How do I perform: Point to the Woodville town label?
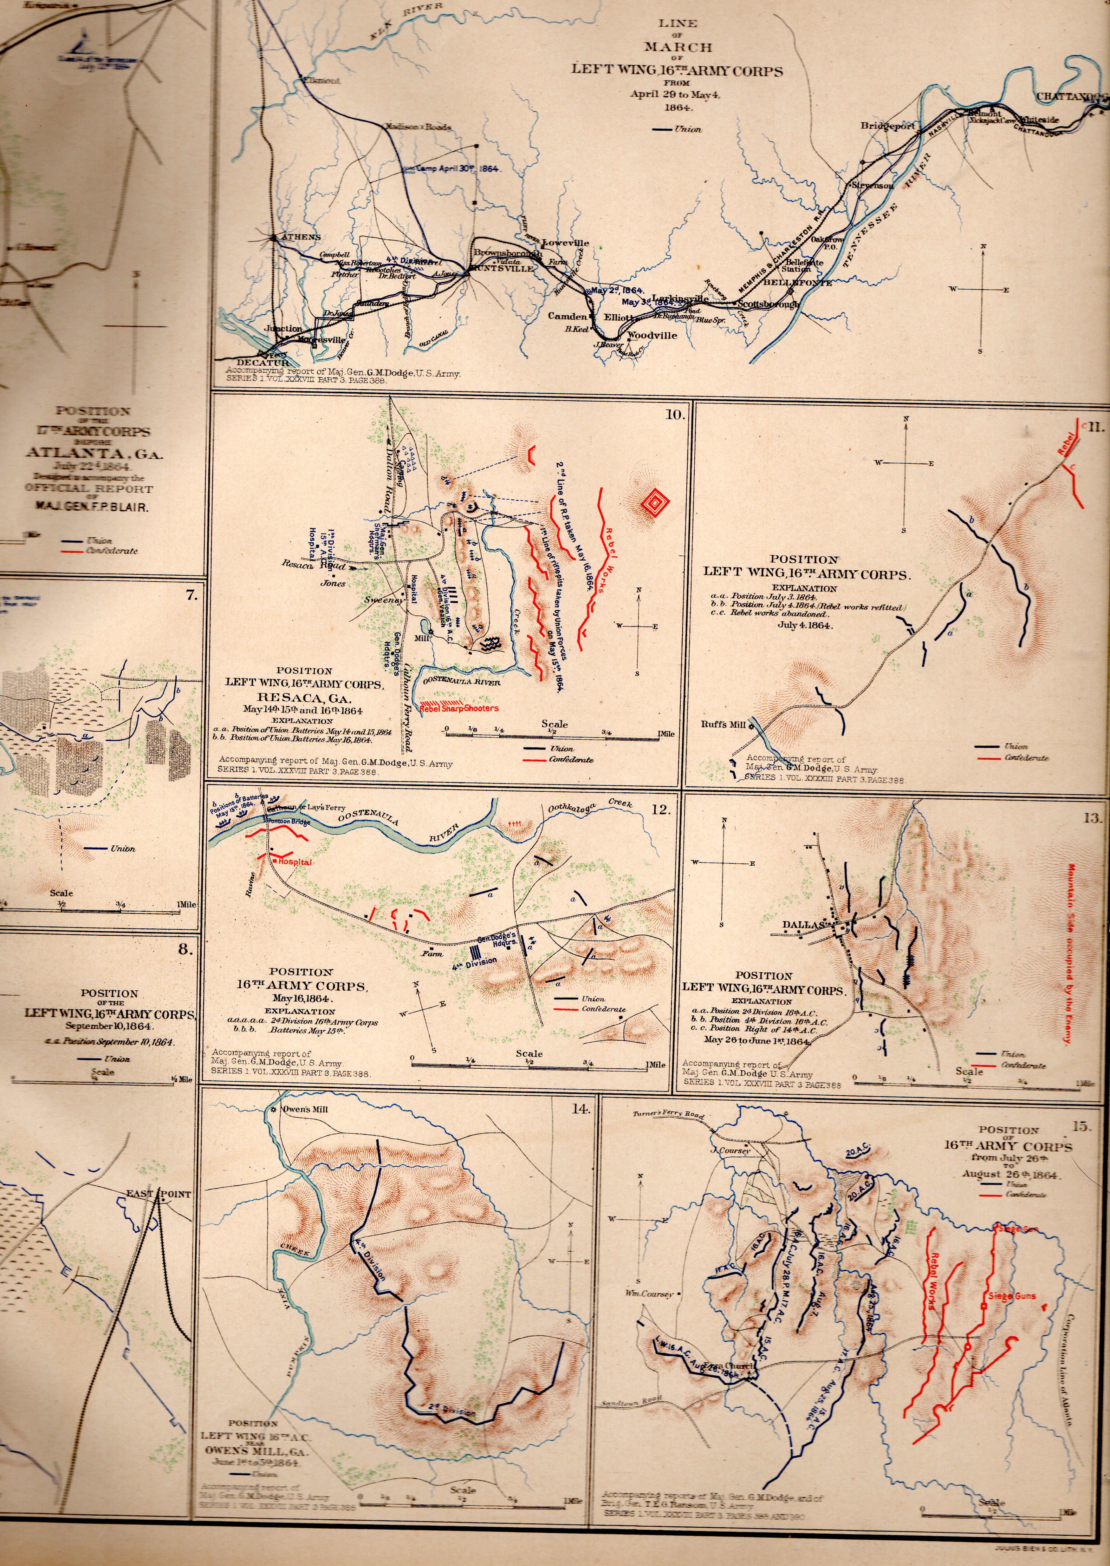click(652, 335)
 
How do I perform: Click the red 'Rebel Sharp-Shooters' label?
click(460, 709)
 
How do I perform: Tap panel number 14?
click(580, 1109)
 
